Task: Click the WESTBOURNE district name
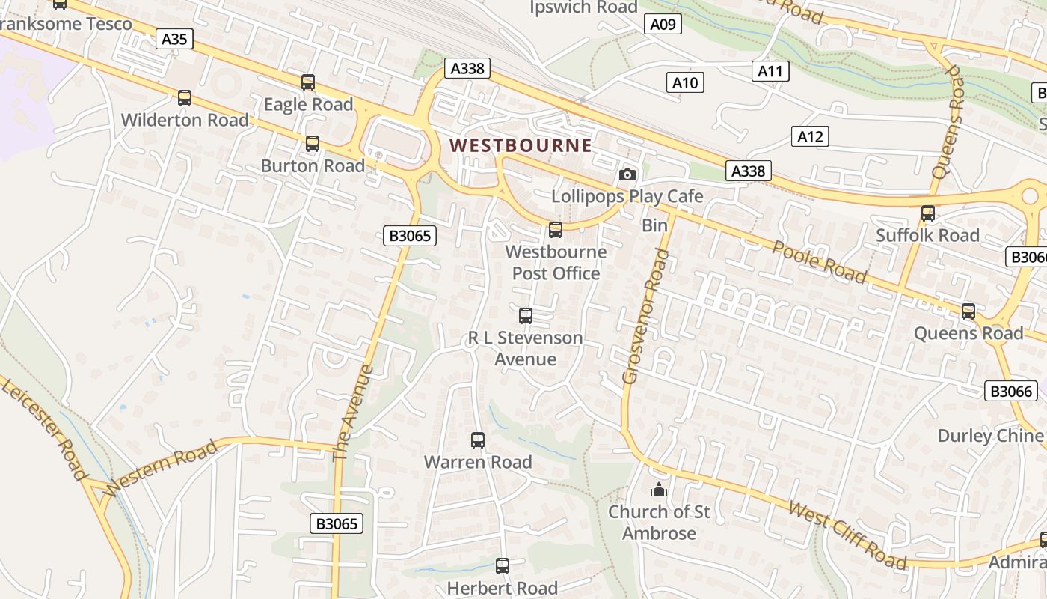click(x=521, y=145)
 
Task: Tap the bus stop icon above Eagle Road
click(x=308, y=82)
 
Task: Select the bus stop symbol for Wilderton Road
click(x=185, y=98)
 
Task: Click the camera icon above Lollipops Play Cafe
click(x=627, y=174)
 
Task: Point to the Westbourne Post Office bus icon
click(x=556, y=230)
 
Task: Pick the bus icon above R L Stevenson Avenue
click(x=526, y=316)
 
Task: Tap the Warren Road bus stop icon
click(x=478, y=440)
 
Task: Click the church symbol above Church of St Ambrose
click(x=659, y=490)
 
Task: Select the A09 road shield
click(x=663, y=25)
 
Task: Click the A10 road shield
click(x=685, y=82)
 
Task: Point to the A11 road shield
click(x=770, y=71)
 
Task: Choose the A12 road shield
click(x=810, y=136)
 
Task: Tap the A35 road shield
click(x=174, y=38)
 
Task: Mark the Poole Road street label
click(x=820, y=262)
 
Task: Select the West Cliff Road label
click(x=848, y=536)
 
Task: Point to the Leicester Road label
click(x=45, y=429)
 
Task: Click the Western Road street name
click(x=162, y=469)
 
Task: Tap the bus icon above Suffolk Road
click(x=928, y=213)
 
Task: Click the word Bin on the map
click(x=654, y=225)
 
